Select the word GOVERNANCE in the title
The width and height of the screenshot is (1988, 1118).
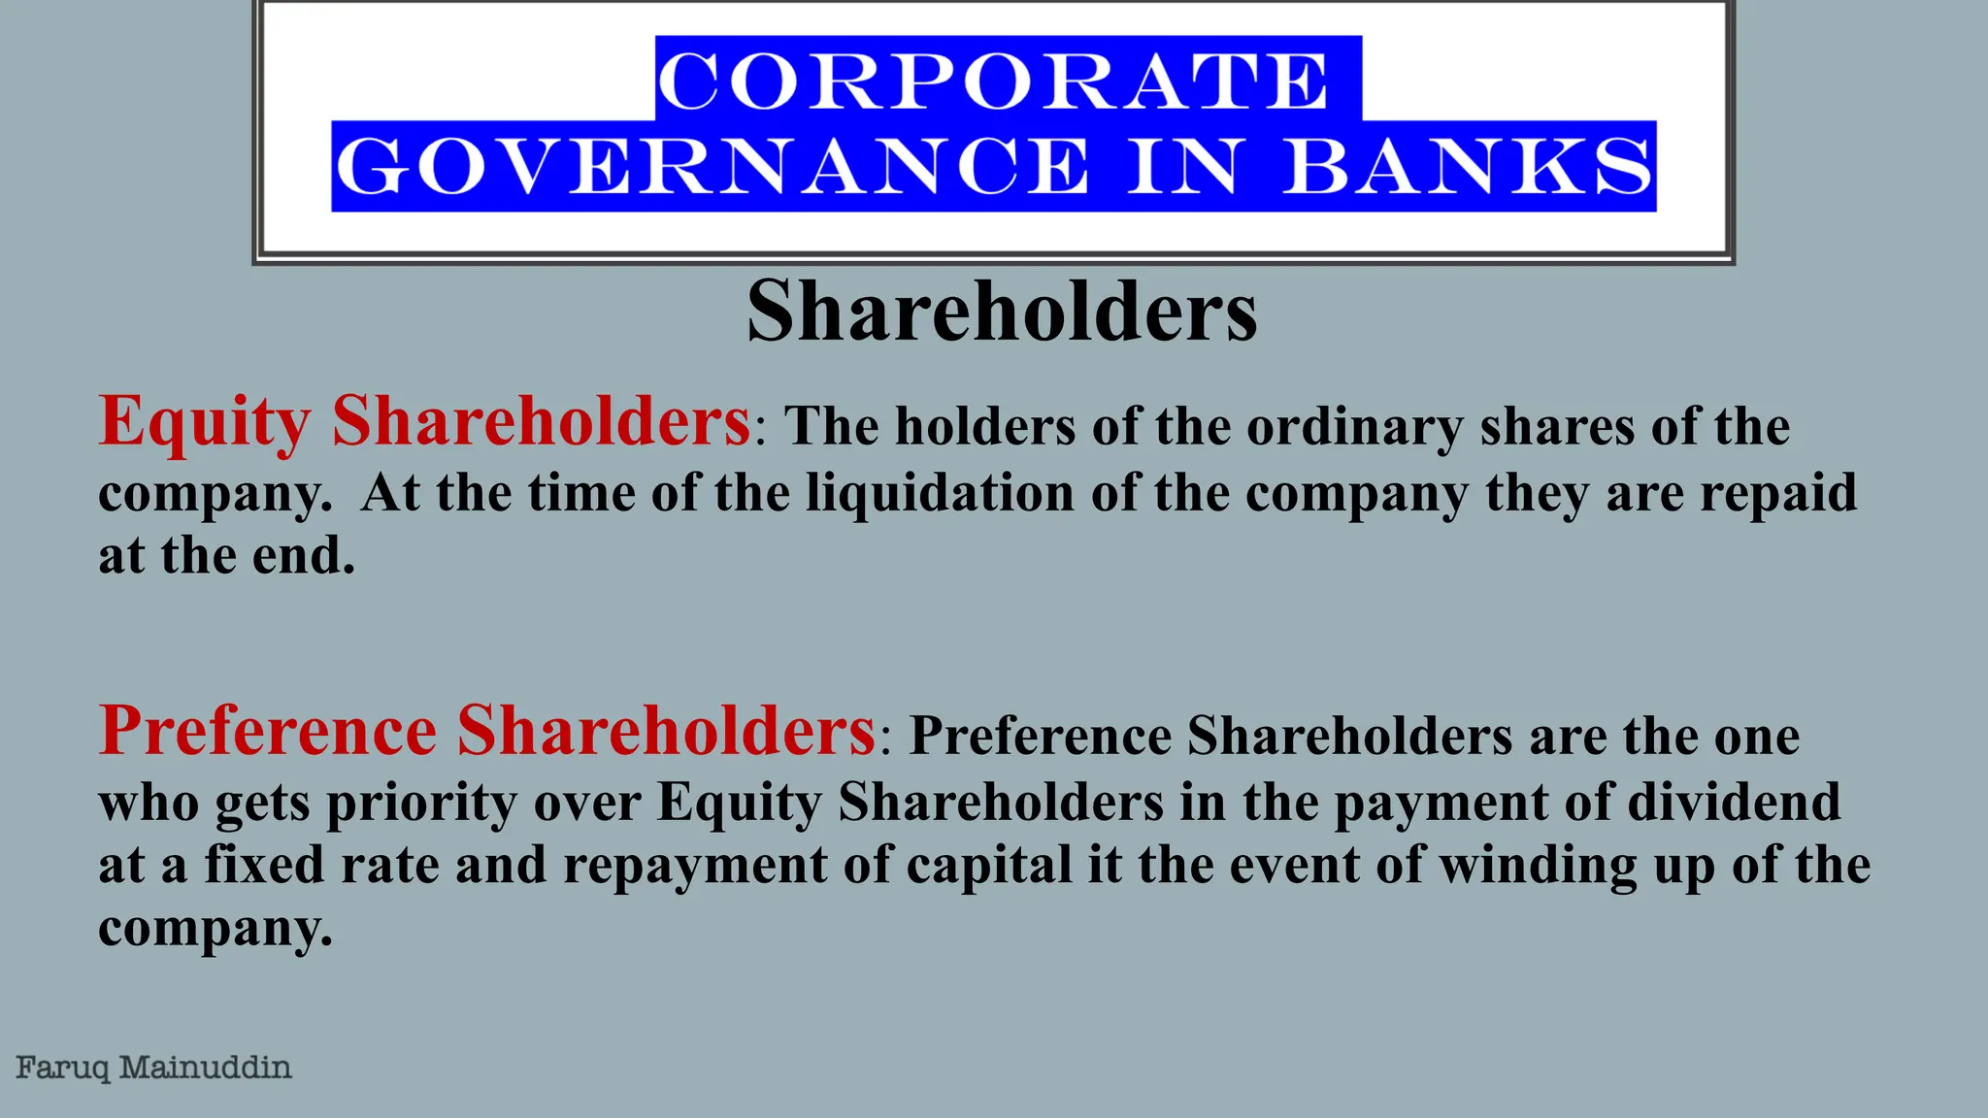712,167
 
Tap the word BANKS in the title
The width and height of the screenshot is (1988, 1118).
1468,167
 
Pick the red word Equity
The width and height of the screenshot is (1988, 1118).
205,423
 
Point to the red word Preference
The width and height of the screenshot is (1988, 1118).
268,730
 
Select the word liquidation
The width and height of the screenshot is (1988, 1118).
941,492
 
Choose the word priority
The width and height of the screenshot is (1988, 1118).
421,803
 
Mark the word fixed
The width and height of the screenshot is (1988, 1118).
264,865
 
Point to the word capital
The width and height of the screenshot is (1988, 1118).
989,865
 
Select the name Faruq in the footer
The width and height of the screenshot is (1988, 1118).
63,1069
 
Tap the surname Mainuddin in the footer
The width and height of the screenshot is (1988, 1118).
205,1069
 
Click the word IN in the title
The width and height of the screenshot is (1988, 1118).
1182,167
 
